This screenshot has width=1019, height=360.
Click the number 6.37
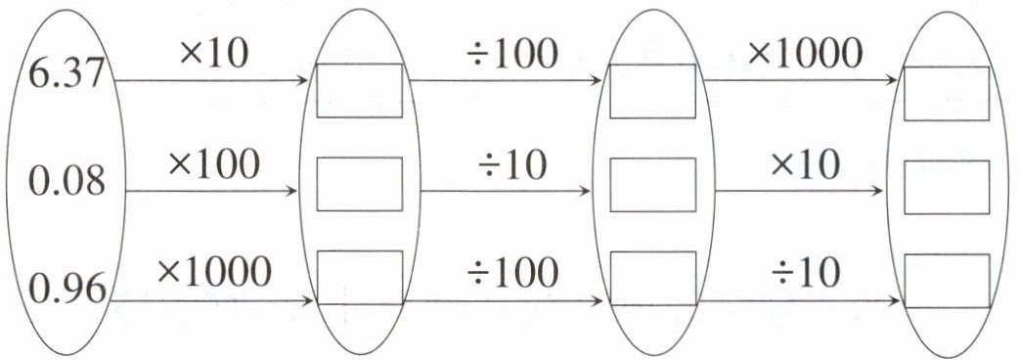pos(66,73)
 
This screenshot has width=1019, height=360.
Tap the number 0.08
pos(66,181)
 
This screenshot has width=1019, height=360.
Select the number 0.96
pos(67,289)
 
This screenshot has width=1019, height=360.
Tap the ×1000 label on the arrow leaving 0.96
pos(214,271)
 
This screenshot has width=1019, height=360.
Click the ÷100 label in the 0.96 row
pos(512,272)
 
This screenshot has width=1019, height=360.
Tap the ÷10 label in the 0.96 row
pos(806,273)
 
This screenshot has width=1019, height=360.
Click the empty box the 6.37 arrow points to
pos(359,90)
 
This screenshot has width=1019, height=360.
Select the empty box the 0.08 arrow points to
pos(359,184)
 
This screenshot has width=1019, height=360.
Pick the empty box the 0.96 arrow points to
pos(359,278)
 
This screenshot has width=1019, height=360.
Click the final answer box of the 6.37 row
pos(947,93)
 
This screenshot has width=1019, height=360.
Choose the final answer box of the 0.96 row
pos(947,280)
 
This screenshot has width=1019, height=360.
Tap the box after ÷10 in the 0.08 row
pos(653,185)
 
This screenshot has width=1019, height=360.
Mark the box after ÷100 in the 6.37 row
pos(653,91)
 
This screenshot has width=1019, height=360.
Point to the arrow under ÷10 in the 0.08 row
pos(506,192)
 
